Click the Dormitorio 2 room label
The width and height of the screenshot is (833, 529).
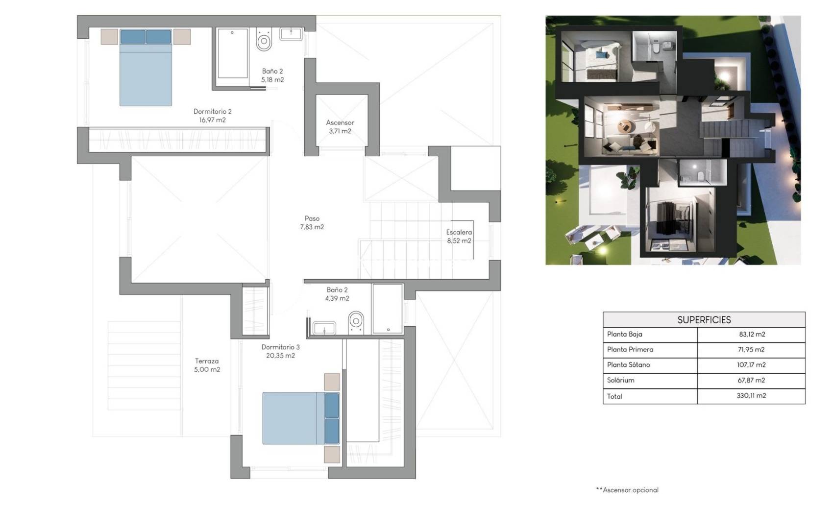point(212,116)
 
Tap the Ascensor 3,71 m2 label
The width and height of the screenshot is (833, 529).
point(340,127)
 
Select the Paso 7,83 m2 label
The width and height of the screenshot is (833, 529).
point(312,223)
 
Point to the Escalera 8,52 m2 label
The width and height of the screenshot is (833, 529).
point(459,237)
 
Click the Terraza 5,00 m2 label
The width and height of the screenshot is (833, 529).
point(207,365)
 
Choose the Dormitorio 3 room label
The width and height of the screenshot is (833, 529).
point(280,351)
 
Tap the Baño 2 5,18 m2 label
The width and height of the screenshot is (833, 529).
point(272,75)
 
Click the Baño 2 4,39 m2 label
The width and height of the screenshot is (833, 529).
point(337,294)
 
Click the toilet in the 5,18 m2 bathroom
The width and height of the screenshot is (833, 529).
point(264,40)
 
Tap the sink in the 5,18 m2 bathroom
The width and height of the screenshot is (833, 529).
point(291,34)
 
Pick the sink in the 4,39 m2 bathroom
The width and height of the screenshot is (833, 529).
point(324,328)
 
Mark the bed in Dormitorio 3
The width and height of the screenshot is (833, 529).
point(300,418)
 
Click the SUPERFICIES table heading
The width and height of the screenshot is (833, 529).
point(704,320)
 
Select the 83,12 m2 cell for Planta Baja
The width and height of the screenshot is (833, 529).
point(752,335)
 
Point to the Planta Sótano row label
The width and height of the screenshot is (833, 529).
point(628,365)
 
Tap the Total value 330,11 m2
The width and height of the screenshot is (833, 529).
point(751,396)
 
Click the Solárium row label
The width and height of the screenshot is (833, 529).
point(620,380)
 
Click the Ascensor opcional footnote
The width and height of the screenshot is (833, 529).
point(627,490)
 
